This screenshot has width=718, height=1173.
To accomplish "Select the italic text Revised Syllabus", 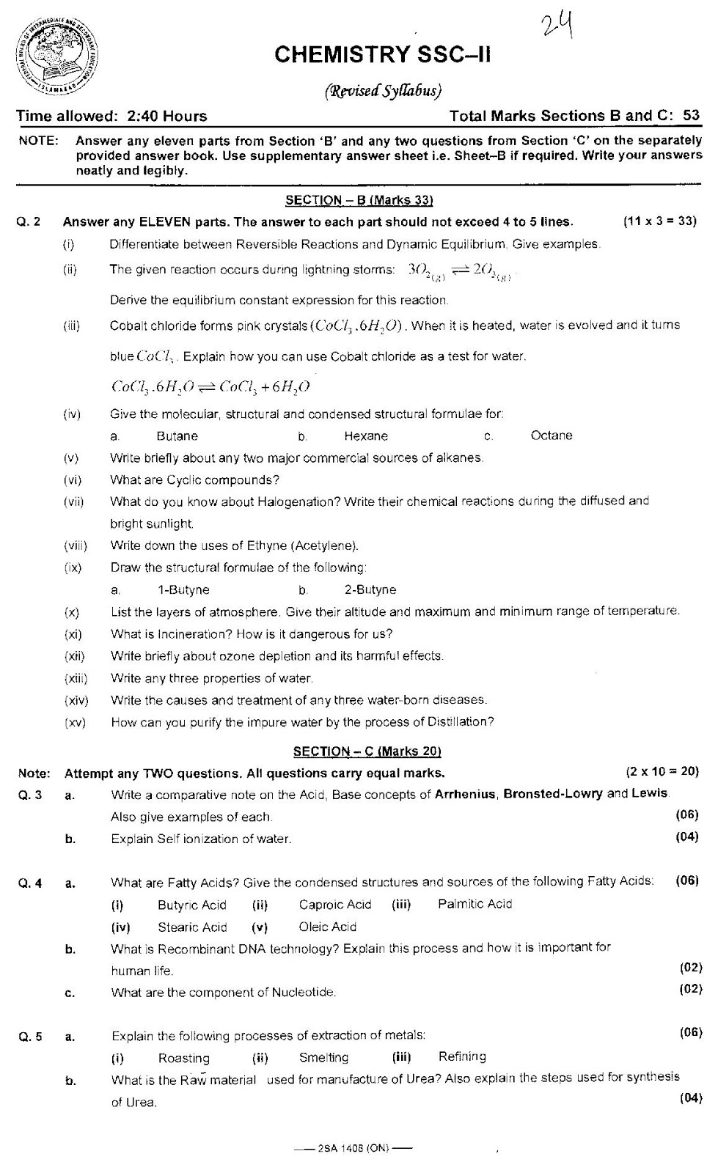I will click(383, 91).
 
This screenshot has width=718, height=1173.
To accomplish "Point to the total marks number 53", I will click(691, 115).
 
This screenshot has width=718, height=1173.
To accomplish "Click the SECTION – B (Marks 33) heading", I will click(359, 200).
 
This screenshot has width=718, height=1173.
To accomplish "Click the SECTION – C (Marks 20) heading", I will click(367, 751).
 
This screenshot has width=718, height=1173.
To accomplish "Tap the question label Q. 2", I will click(30, 221).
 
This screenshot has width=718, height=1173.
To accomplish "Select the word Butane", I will click(177, 436).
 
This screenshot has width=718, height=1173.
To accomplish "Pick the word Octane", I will click(551, 435).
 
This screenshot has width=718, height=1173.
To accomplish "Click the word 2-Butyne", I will click(370, 589).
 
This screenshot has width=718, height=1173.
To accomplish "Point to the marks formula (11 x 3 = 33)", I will click(659, 221).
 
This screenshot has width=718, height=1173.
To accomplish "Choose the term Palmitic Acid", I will click(475, 904).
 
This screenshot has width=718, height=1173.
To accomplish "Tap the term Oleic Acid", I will click(327, 927).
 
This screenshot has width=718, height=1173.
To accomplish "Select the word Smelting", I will click(323, 1057).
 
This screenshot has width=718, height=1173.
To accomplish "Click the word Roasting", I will click(183, 1058).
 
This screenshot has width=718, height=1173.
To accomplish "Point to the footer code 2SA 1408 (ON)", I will click(353, 1147).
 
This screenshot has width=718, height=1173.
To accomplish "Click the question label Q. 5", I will click(30, 1036).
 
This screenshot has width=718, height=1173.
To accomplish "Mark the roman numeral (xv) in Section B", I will click(75, 722).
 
